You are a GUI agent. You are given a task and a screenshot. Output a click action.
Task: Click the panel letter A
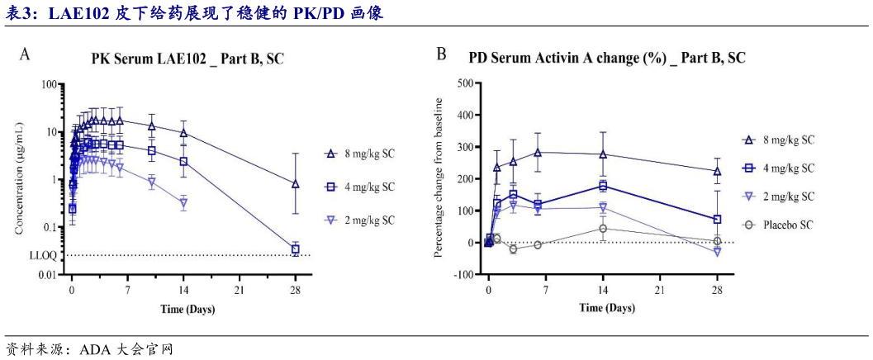pos(26,55)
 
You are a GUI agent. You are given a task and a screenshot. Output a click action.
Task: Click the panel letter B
pos(442,54)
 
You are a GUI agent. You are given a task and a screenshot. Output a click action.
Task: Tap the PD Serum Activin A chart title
pos(607,58)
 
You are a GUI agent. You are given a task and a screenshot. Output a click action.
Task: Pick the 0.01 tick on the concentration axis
pos(45,274)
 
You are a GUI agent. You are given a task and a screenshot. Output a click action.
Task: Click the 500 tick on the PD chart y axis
pos(464,83)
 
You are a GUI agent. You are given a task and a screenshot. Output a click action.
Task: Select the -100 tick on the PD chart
pos(463,274)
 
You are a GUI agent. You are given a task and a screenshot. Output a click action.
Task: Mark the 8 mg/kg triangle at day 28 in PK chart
pos(296,184)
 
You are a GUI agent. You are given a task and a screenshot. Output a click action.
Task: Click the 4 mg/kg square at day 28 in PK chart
pos(296,249)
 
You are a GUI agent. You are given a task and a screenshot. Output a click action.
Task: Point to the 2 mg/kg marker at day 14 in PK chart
pos(183,202)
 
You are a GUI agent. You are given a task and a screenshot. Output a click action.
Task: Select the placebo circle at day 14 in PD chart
pos(603,229)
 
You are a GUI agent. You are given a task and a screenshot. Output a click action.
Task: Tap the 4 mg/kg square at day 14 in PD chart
pos(603,186)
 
